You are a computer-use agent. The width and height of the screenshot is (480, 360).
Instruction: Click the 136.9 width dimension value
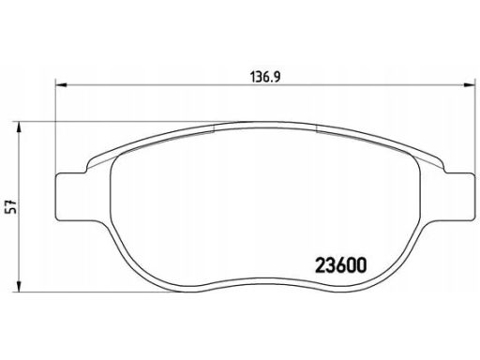point(264,77)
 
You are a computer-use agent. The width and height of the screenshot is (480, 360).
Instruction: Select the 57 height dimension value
point(12,207)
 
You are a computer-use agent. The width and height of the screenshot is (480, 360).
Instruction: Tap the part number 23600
point(340,265)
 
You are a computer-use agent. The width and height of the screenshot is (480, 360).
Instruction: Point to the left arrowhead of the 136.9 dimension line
point(61,84)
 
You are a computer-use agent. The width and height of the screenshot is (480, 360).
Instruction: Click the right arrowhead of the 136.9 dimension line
point(469,84)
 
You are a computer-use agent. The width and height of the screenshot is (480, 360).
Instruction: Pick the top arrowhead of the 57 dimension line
point(20,127)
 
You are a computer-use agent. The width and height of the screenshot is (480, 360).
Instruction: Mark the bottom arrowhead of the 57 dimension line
point(20,286)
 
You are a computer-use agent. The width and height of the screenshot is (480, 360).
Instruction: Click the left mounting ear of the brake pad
point(71,196)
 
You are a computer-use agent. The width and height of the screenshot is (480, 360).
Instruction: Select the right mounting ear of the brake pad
point(459,196)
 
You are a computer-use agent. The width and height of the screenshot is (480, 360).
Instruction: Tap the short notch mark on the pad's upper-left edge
point(214,128)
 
